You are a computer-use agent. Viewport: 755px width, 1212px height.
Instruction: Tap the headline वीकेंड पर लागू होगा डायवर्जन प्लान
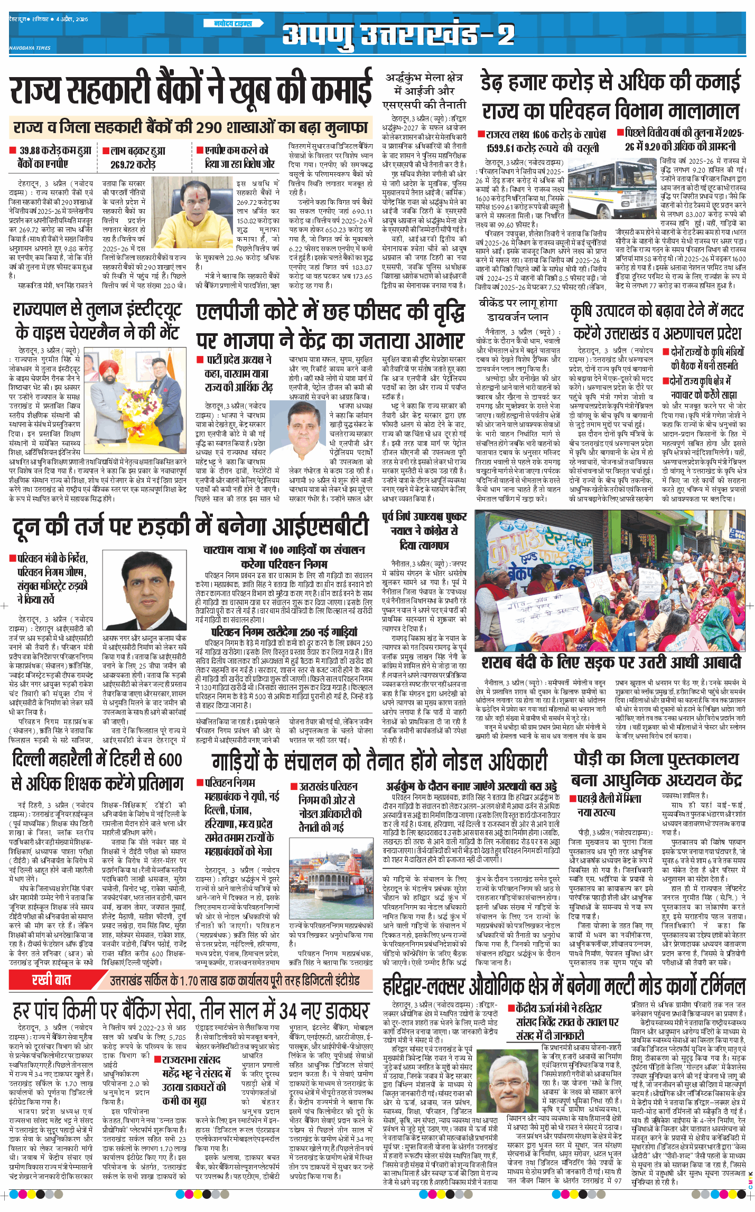point(518,310)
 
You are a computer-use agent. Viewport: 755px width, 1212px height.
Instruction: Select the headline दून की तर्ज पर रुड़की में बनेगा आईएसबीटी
point(190,527)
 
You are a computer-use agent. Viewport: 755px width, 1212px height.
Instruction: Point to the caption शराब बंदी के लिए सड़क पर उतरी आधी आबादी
point(611,662)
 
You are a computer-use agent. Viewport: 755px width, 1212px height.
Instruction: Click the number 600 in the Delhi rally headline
point(170,759)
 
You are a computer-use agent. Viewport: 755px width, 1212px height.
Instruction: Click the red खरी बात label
point(51,980)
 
